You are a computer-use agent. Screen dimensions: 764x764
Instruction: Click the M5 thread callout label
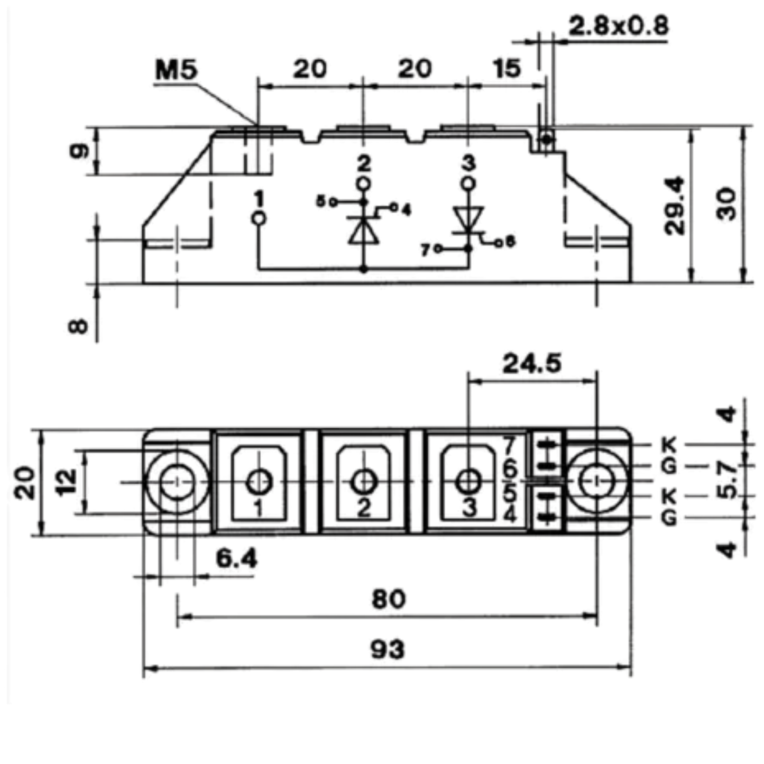point(176,70)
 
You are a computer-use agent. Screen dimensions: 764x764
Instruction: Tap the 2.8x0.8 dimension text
point(619,26)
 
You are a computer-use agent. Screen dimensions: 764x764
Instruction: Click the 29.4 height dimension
point(675,206)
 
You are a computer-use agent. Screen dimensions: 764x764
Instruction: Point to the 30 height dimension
point(726,204)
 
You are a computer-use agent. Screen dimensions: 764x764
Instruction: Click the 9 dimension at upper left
point(79,151)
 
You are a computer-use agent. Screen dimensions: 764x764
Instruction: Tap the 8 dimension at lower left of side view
point(78,326)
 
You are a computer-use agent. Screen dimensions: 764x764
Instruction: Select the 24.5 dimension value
point(532,364)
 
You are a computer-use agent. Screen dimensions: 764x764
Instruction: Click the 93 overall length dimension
point(388,649)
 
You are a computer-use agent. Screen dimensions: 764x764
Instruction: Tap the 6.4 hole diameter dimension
point(237,559)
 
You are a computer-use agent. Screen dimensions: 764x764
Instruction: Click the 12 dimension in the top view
point(67,482)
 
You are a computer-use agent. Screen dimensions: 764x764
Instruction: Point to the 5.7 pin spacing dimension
point(727,481)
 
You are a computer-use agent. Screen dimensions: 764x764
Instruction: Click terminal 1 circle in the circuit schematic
point(259,218)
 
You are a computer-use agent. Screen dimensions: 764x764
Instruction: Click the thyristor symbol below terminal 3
point(468,222)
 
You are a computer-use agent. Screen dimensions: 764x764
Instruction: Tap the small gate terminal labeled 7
point(438,249)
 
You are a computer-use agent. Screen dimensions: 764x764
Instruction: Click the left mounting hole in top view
point(177,483)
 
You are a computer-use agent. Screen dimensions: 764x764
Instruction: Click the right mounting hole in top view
point(597,481)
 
